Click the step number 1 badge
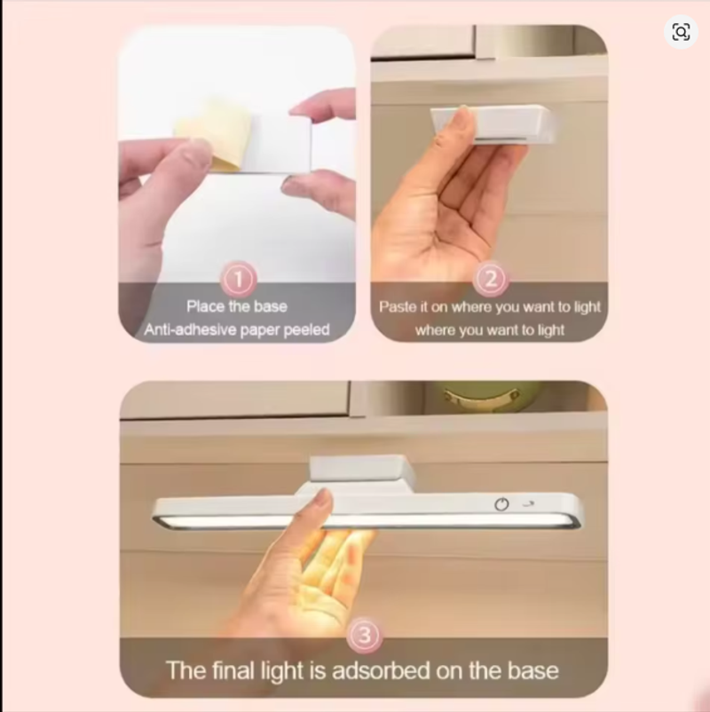(239, 279)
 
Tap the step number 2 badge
(490, 279)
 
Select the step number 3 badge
(364, 635)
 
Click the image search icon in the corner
(681, 32)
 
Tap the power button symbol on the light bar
(501, 504)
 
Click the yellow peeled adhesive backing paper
(212, 134)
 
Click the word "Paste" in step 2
(397, 306)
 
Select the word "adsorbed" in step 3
(381, 670)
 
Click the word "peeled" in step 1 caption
(306, 329)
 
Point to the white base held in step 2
(493, 123)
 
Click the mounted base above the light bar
(362, 469)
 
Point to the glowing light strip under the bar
(366, 522)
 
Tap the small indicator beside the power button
(527, 503)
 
